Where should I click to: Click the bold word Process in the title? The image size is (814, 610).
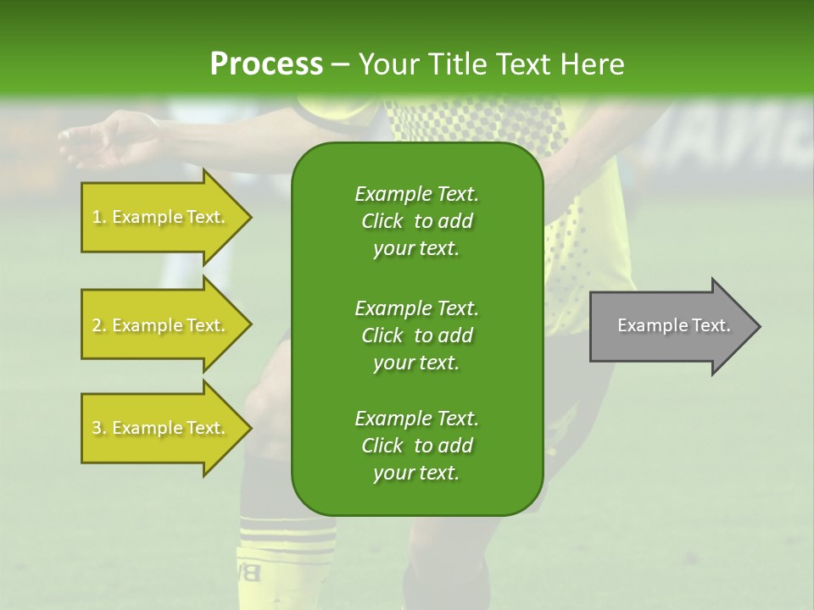[x=266, y=64]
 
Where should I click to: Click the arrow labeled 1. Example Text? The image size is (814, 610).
[x=161, y=218]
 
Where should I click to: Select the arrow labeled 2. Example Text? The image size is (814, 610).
[x=161, y=325]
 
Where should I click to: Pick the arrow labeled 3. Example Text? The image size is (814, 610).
[x=161, y=428]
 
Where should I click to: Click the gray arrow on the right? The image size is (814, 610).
[x=670, y=326]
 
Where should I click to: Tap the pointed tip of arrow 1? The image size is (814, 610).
[x=249, y=218]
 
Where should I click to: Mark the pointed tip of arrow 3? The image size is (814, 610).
[x=249, y=428]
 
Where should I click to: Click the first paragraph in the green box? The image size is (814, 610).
[x=416, y=221]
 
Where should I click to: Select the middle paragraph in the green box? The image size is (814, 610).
[x=416, y=335]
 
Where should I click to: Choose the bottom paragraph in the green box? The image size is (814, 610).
[x=416, y=446]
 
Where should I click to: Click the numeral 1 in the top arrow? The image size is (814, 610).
[x=96, y=218]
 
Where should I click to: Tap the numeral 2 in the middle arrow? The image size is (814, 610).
[x=97, y=325]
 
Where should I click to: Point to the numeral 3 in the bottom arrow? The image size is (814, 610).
[x=97, y=429]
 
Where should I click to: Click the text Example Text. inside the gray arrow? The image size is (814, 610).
[x=673, y=325]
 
